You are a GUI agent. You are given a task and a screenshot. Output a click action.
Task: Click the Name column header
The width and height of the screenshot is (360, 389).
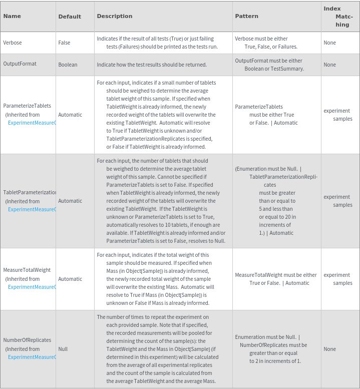[x=12, y=16]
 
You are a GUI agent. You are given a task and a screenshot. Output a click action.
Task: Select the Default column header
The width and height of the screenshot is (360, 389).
[x=70, y=17]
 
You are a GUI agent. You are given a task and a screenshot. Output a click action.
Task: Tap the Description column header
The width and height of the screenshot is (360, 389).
[x=115, y=16]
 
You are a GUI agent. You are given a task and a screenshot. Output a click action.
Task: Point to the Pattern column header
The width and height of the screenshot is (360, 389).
[x=247, y=16]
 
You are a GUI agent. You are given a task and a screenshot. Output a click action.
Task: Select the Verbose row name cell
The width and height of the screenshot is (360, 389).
[x=13, y=43]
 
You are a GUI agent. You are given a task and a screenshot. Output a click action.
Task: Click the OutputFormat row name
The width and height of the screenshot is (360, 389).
[x=20, y=64]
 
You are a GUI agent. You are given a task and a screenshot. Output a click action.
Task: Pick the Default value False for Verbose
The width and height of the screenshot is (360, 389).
[x=64, y=43]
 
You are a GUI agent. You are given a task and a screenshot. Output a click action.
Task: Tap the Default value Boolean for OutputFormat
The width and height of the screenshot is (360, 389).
[x=68, y=65]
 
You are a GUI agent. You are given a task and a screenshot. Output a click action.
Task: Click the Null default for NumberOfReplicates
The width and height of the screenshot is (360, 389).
[x=63, y=349]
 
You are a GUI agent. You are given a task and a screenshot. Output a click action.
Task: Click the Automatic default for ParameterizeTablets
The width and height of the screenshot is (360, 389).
[x=70, y=115]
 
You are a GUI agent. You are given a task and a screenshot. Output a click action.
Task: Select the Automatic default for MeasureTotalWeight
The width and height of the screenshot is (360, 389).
[x=70, y=279]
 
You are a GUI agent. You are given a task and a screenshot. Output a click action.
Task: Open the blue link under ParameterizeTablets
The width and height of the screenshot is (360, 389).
[x=32, y=123]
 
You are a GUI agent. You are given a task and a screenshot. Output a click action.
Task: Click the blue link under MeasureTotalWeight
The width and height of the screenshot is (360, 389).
[x=32, y=287]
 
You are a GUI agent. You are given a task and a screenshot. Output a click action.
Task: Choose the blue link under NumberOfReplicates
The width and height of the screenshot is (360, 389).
[x=32, y=357]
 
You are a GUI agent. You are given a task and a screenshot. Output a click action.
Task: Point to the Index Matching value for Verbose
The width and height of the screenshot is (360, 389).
[x=329, y=43]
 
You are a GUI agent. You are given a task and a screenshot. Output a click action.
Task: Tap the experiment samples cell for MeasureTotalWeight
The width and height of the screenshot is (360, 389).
[x=338, y=279]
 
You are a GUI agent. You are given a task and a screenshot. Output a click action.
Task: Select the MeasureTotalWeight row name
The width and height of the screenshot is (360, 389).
[x=27, y=270]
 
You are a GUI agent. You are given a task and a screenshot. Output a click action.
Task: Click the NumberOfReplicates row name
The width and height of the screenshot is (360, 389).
[x=27, y=340]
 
